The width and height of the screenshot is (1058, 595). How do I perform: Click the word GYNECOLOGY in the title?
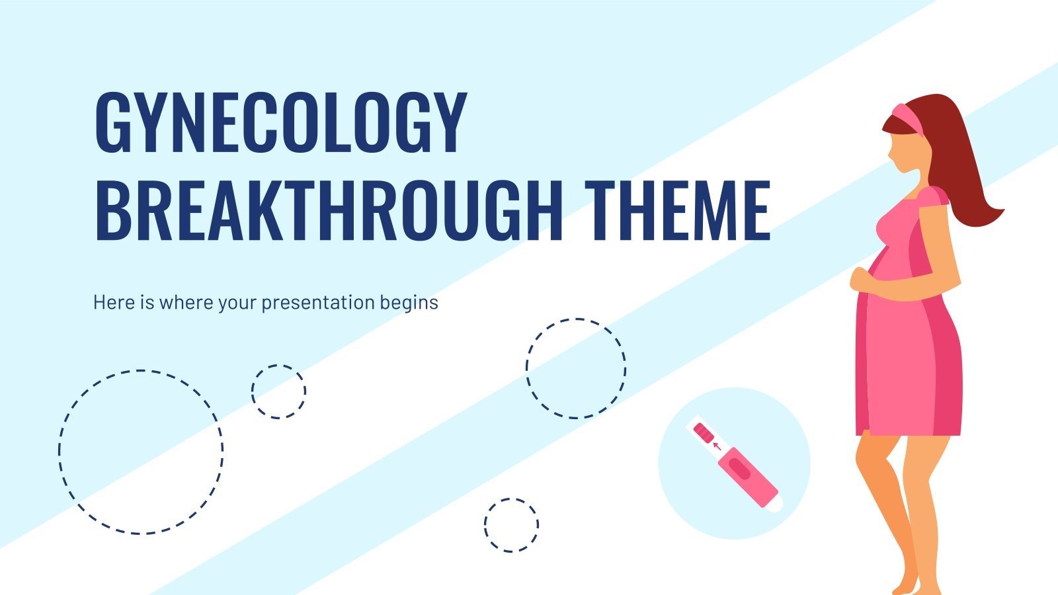click(281, 122)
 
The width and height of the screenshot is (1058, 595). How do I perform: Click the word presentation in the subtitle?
click(318, 303)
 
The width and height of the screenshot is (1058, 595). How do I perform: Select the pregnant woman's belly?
click(879, 311)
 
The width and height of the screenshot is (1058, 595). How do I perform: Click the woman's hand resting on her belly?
click(860, 278)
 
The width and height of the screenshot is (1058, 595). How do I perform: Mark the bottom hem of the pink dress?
click(909, 433)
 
